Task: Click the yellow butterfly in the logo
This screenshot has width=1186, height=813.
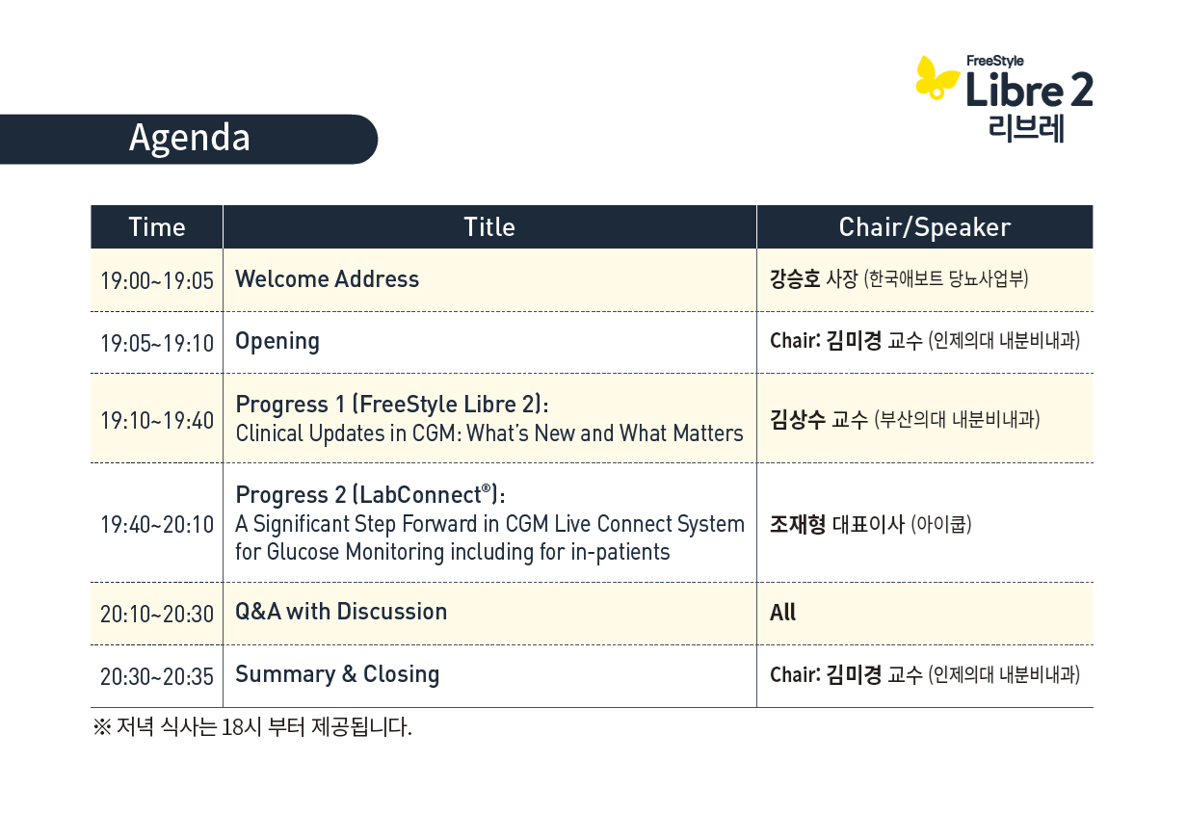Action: click(x=936, y=78)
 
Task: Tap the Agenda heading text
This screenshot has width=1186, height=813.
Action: click(x=189, y=138)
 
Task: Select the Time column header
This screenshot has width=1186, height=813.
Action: click(x=157, y=227)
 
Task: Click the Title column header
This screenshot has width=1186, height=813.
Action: click(x=489, y=227)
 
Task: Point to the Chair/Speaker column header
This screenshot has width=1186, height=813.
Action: click(x=925, y=227)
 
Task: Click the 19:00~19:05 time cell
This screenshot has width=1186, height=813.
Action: click(x=157, y=280)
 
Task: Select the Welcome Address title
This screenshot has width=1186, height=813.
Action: click(x=327, y=279)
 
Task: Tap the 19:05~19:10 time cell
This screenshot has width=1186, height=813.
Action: click(x=157, y=343)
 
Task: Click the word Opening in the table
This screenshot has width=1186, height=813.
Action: click(x=277, y=342)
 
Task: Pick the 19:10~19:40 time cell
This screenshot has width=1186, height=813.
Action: click(x=157, y=420)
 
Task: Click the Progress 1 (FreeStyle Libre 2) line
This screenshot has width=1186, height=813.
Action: click(x=392, y=405)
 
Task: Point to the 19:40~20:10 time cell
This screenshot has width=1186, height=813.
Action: click(x=157, y=525)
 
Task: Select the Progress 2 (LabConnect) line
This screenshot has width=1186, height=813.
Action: click(x=370, y=494)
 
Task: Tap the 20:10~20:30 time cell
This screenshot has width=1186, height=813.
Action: click(x=157, y=614)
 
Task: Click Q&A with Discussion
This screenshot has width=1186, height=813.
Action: click(x=341, y=612)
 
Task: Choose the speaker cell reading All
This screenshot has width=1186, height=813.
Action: click(x=782, y=613)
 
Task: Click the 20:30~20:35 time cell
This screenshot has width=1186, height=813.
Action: click(x=157, y=676)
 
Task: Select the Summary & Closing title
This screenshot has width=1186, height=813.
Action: click(x=337, y=674)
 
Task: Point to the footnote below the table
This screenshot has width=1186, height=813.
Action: click(x=252, y=726)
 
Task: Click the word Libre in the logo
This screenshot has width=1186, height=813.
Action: click(x=1014, y=89)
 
